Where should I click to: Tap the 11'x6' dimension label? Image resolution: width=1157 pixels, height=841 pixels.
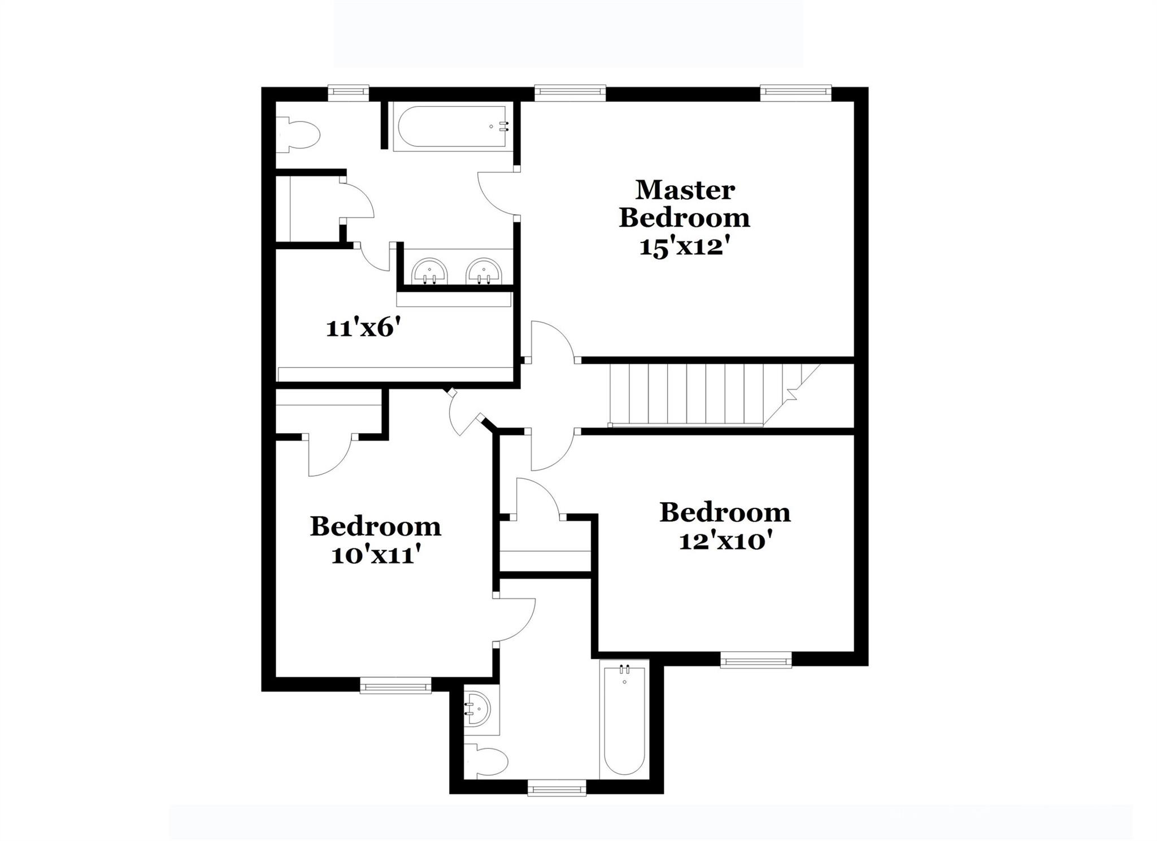[x=367, y=328]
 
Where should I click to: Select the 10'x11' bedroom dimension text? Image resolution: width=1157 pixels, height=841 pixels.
[x=376, y=556]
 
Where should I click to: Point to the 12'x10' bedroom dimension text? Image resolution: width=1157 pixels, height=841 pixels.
[x=725, y=542]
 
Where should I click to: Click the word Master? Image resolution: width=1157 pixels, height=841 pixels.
[x=685, y=190]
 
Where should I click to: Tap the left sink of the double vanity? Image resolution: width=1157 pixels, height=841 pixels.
[x=429, y=272]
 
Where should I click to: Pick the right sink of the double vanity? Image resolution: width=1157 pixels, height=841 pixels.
[x=484, y=272]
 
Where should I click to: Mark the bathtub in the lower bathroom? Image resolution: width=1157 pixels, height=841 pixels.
[x=624, y=721]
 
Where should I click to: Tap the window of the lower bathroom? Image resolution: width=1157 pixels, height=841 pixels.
[x=556, y=787]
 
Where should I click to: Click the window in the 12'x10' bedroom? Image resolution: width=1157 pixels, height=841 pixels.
[x=755, y=659]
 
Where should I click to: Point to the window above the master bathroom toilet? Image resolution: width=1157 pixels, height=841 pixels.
[x=349, y=93]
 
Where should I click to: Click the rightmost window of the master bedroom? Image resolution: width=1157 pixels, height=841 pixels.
[x=795, y=93]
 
